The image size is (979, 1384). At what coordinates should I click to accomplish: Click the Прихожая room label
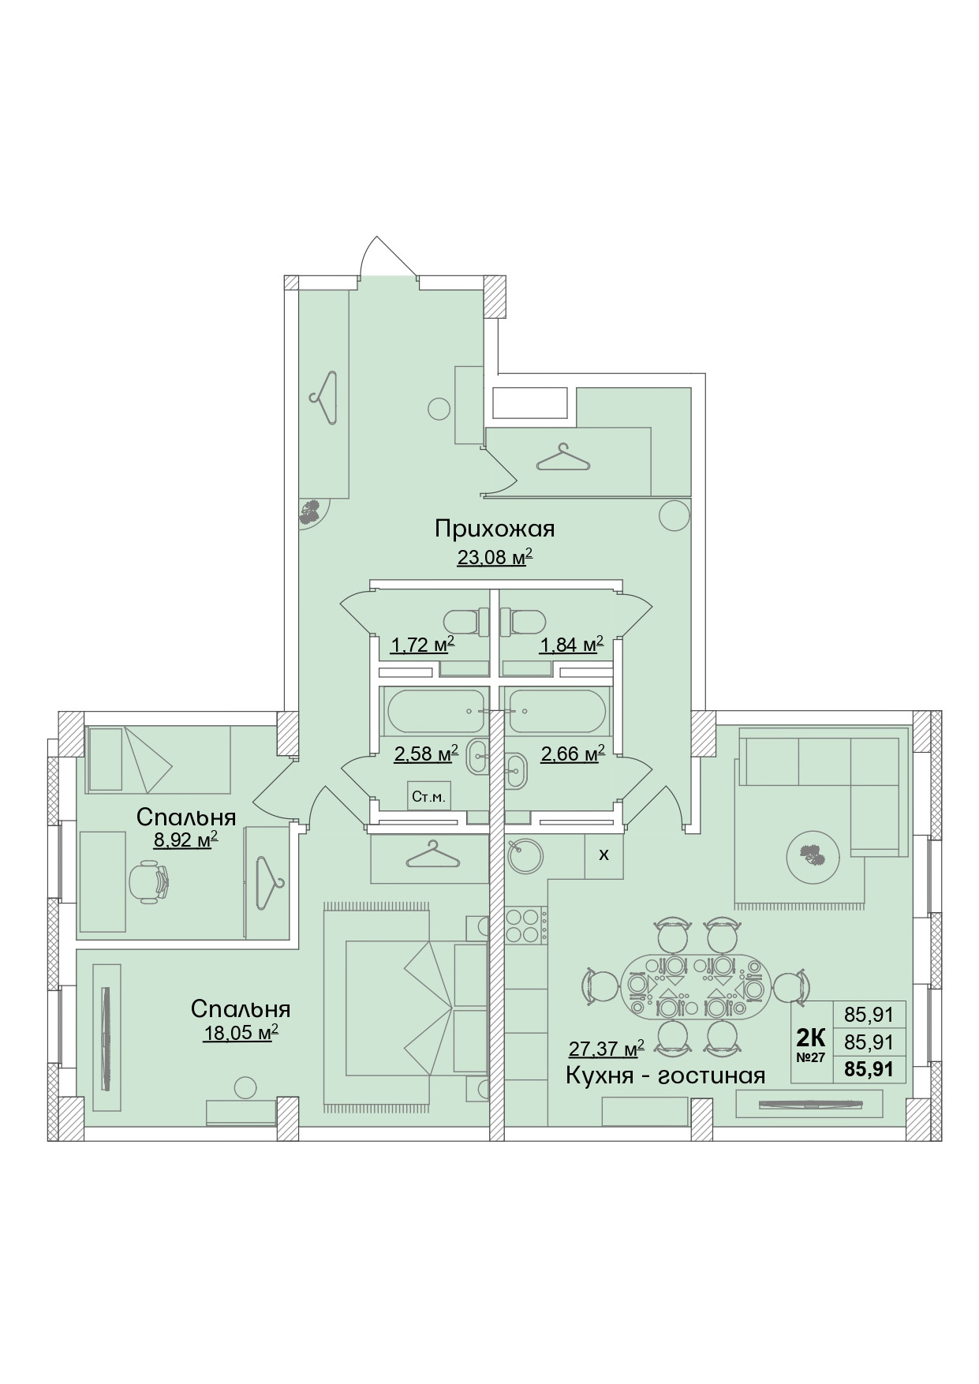pos(495,528)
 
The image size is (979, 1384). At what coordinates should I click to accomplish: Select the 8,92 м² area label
pos(185,841)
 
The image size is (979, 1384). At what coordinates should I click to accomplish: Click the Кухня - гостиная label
pos(665,1075)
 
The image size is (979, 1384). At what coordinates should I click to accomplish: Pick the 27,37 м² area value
pos(606,1049)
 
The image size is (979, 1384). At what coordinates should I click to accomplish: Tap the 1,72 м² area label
pos(422,646)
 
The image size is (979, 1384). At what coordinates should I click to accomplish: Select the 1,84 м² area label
pos(571,646)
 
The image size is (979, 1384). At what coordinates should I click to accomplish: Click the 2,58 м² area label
pos(426,754)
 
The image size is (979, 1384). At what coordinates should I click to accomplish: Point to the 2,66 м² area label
pos(572,754)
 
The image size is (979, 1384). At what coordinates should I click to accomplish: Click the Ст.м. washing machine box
pos(428,797)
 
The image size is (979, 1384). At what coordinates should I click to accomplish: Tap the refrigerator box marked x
pos(603,855)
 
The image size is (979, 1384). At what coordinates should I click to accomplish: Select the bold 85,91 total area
pos(869,1070)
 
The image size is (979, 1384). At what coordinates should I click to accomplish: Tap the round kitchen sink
pos(522,855)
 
